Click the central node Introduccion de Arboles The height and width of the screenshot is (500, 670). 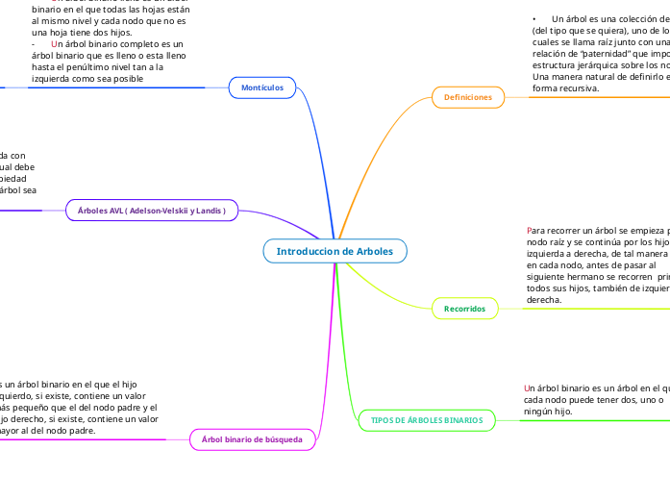(x=335, y=251)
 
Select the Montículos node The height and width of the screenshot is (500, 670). (x=261, y=87)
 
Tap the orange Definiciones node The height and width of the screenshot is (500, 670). (x=468, y=97)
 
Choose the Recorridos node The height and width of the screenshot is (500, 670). (x=464, y=308)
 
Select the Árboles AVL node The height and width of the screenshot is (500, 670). (x=151, y=210)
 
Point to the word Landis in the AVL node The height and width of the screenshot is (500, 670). (x=210, y=210)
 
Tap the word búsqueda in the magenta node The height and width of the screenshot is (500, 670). (x=283, y=439)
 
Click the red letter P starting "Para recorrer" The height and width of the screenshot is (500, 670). (x=531, y=231)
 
